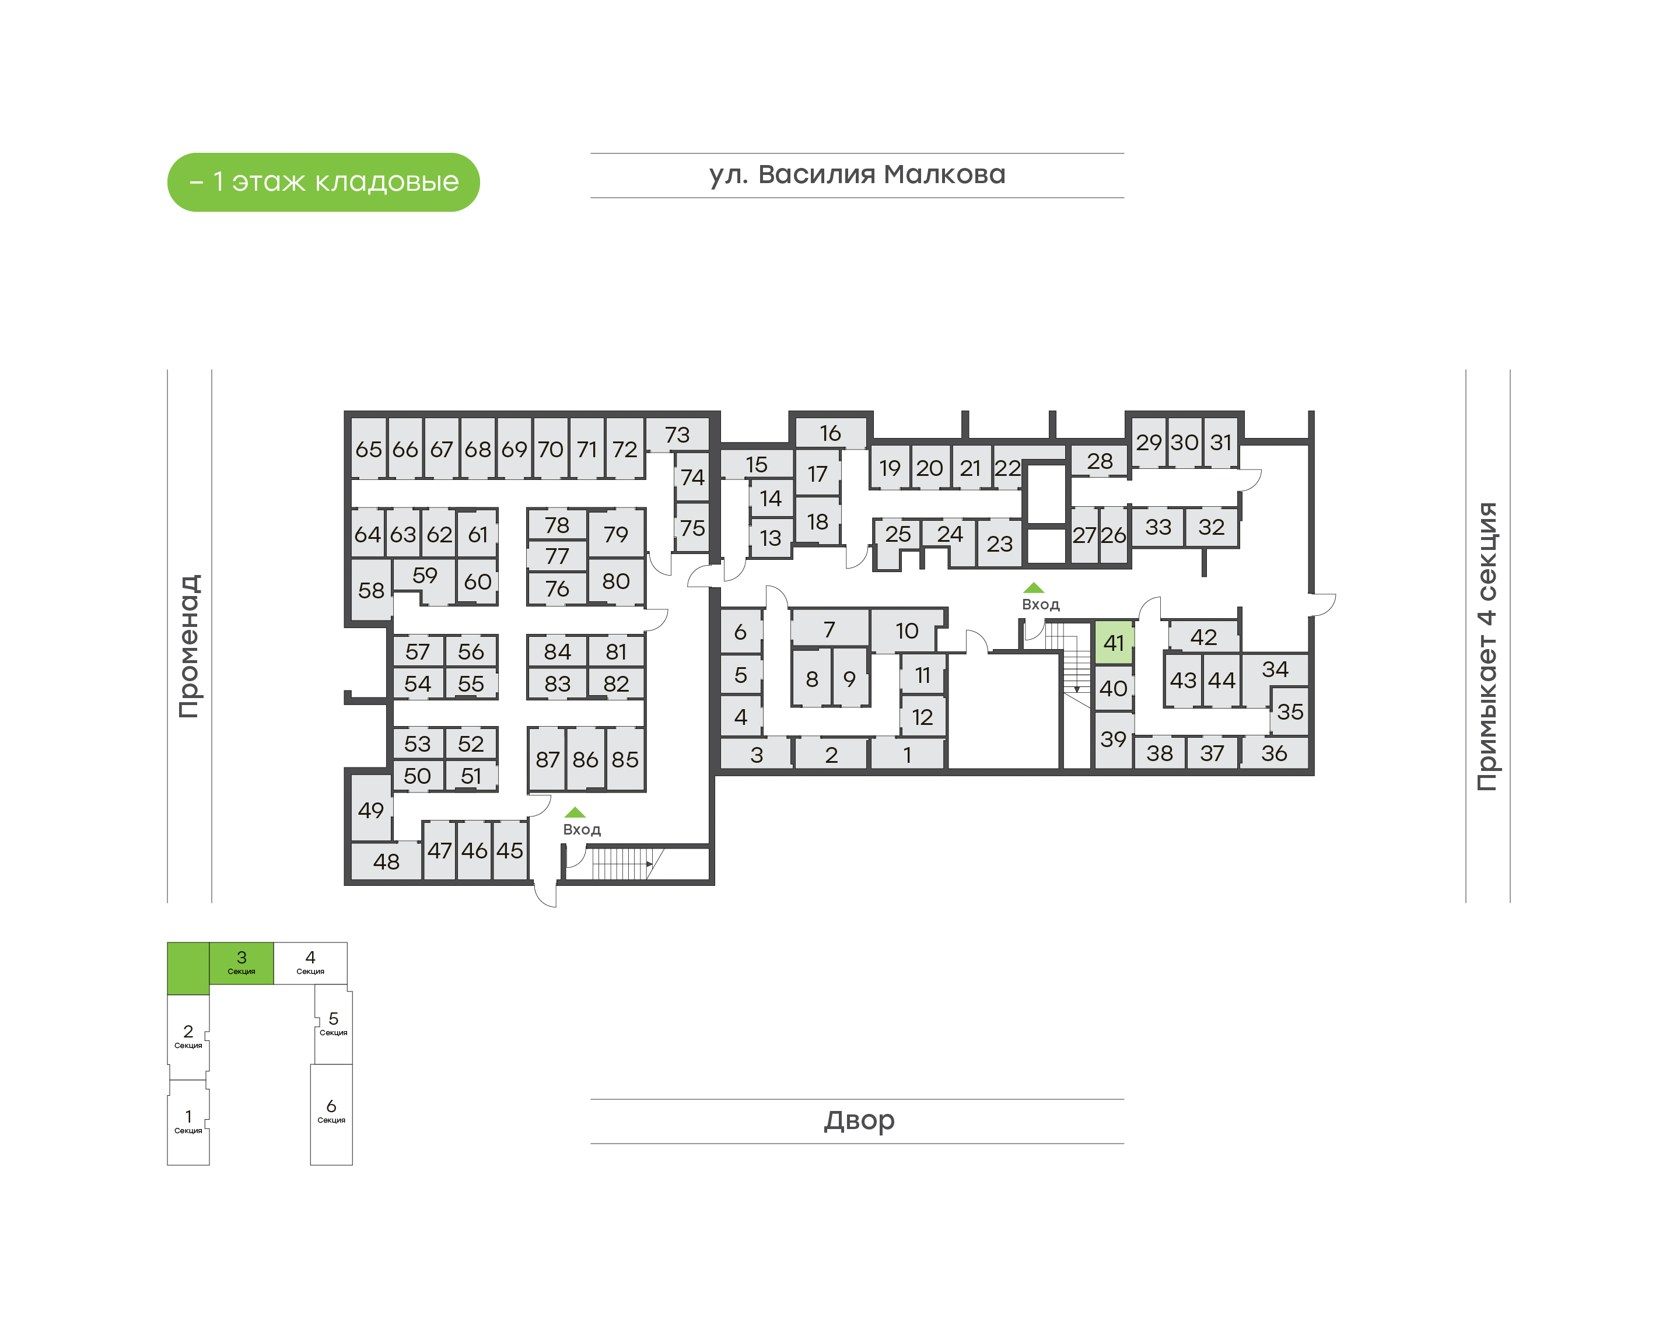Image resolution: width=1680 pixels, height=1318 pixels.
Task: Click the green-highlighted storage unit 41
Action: point(1113,643)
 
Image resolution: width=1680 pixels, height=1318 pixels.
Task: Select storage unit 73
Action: point(677,435)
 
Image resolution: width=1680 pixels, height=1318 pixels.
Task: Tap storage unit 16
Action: point(829,433)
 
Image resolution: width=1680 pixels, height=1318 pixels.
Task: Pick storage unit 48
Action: point(386,861)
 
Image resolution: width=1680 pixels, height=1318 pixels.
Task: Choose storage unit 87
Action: point(547,759)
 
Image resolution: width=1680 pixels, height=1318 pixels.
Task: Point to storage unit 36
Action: point(1273,753)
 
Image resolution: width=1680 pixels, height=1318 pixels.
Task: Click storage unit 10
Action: point(906,631)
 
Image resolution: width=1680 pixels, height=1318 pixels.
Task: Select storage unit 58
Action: point(371,590)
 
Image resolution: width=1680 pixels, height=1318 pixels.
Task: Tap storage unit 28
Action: point(1099,461)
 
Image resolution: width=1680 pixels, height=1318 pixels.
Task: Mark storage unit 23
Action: point(999,544)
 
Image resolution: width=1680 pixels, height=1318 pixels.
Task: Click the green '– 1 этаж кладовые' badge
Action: point(323,182)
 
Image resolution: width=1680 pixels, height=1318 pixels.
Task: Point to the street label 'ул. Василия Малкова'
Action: point(856,175)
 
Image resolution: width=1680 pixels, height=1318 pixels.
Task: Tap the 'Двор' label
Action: point(858,1120)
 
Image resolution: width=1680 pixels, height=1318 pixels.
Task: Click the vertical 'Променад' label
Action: point(189,646)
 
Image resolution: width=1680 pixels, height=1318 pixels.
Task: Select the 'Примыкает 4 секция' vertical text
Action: point(1486,646)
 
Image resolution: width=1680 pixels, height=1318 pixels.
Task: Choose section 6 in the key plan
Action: point(331,1113)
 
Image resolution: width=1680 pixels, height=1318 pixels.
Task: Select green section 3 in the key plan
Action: point(241,962)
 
